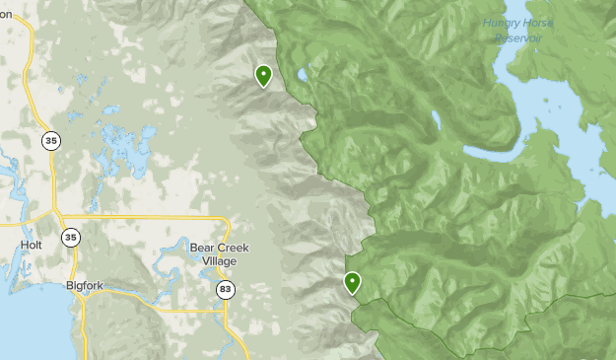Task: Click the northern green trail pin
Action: click(x=263, y=74)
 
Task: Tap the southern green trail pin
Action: click(x=352, y=282)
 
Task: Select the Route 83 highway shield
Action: click(x=226, y=289)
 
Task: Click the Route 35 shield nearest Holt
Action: click(x=69, y=237)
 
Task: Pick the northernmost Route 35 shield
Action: click(x=50, y=142)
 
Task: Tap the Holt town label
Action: click(x=32, y=244)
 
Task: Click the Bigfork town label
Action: click(x=84, y=286)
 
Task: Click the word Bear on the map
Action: click(x=201, y=249)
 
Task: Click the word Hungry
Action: click(x=503, y=23)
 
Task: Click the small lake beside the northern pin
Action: click(x=301, y=75)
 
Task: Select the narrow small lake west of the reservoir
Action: click(x=436, y=121)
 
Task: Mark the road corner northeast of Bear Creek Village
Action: click(x=227, y=218)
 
